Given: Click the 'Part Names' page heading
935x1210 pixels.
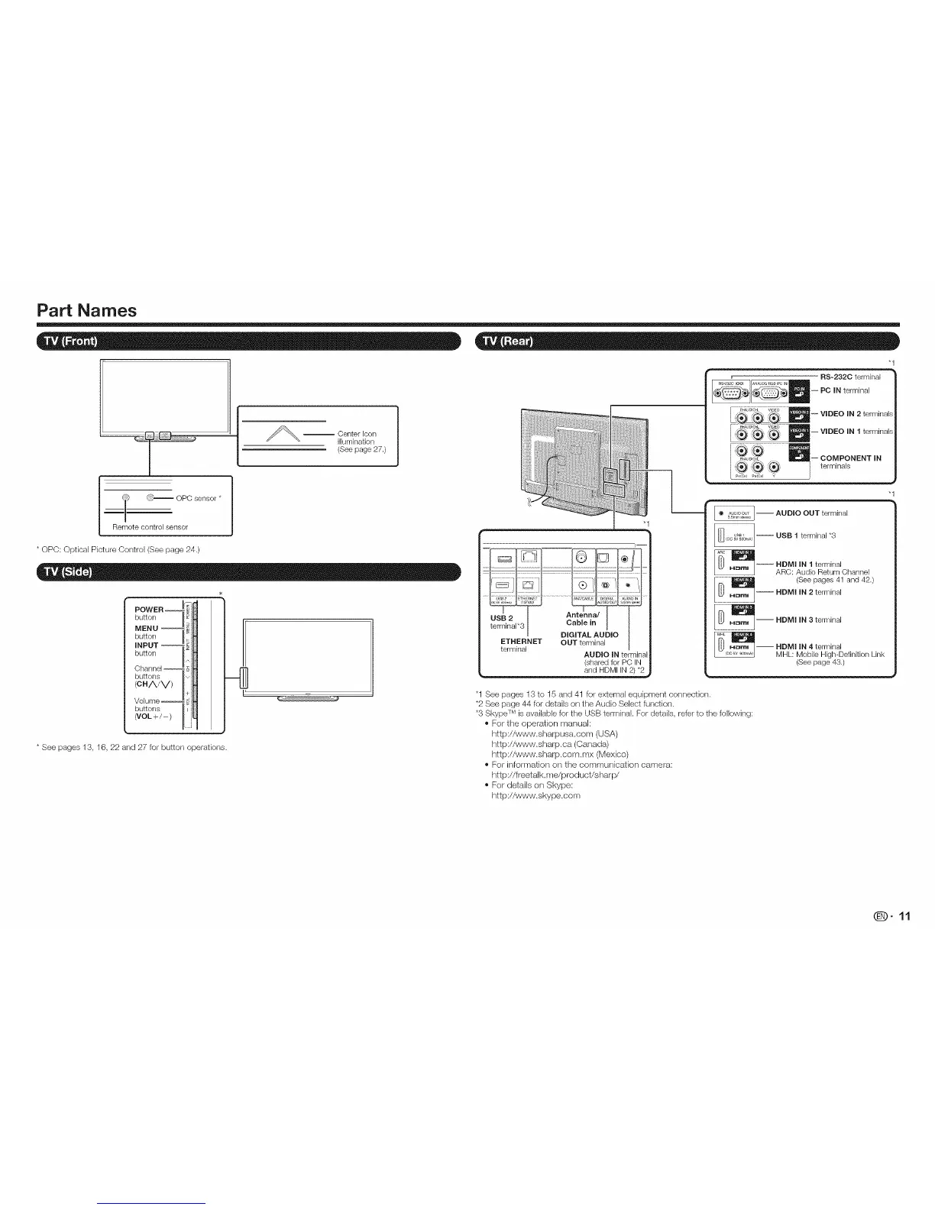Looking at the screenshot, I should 86,311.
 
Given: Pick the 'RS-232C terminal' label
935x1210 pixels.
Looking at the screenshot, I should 850,377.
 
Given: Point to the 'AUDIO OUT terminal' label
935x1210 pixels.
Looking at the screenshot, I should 811,513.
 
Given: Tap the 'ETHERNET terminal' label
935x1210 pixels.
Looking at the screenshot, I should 521,645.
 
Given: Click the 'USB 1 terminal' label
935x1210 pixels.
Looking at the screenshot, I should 806,535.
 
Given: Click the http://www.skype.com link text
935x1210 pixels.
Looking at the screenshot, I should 535,795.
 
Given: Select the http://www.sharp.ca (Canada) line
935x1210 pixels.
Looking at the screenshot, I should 549,743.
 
